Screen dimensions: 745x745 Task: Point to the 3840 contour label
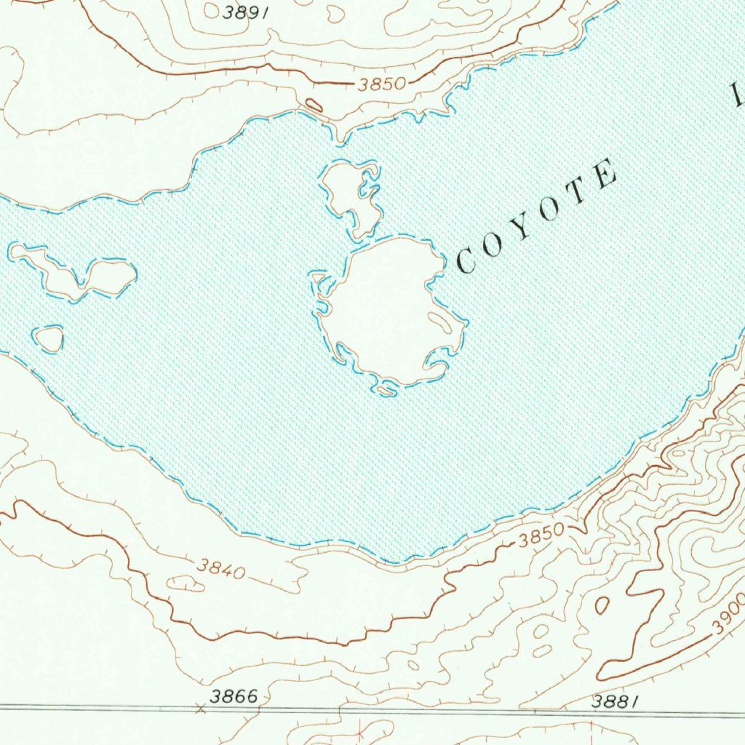point(221,568)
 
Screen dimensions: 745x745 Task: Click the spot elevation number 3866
point(234,696)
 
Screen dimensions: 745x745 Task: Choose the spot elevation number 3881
point(615,701)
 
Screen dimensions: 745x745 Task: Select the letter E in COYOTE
point(605,175)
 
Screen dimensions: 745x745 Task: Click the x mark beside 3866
point(201,706)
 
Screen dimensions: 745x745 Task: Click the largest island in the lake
point(386,309)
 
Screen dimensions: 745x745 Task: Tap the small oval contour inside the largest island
point(439,319)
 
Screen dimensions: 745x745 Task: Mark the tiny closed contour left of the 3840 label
point(185,583)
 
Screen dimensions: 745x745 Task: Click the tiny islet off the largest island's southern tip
point(386,391)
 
